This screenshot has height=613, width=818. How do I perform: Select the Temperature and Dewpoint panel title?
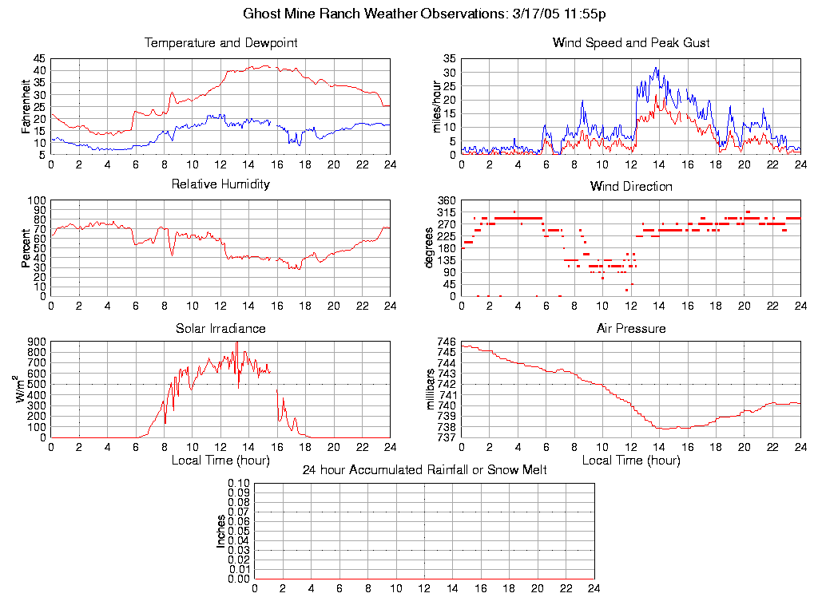220,43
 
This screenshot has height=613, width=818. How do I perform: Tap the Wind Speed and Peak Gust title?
631,43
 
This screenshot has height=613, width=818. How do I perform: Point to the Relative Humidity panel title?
220,184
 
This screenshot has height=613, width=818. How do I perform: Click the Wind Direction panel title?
631,187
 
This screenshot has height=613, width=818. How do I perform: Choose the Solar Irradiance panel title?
220,328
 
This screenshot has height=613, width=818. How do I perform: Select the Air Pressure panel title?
631,328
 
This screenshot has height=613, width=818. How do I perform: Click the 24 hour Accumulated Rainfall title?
424,470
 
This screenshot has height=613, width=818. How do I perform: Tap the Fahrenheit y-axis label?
27,107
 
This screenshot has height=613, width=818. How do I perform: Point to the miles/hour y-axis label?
437,107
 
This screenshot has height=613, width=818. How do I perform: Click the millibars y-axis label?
431,389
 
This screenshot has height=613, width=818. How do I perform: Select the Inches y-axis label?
221,531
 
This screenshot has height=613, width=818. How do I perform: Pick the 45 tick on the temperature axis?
39,59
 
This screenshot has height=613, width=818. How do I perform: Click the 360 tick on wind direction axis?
447,200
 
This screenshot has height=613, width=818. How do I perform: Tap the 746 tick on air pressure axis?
447,342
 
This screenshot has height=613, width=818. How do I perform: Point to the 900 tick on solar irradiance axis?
37,342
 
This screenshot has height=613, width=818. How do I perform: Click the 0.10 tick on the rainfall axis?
239,484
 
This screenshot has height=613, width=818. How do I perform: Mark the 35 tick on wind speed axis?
449,59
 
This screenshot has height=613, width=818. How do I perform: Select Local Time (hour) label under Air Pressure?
631,461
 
